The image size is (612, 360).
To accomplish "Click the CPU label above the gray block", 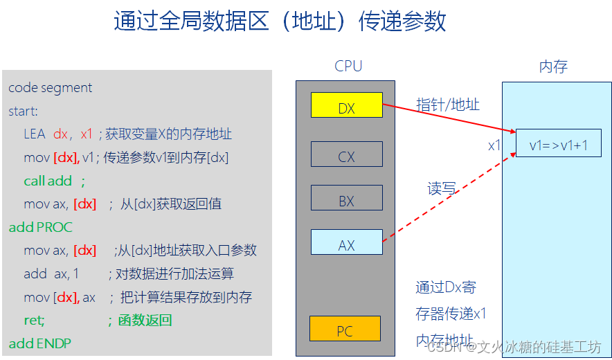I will (x=348, y=66).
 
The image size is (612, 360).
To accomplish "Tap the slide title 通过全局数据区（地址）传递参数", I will (x=280, y=21).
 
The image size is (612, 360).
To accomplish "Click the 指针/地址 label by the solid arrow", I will (x=447, y=105).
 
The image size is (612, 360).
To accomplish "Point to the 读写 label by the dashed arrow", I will (x=442, y=188).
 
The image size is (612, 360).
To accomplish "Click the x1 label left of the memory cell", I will (x=494, y=145).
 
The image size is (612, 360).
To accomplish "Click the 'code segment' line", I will (x=50, y=88).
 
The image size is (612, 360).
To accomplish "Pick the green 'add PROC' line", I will (x=40, y=227).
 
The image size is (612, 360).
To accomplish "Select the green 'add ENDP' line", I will (x=39, y=343).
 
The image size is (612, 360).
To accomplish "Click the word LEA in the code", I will (x=34, y=134).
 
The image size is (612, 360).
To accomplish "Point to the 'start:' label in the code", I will (x=23, y=111).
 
